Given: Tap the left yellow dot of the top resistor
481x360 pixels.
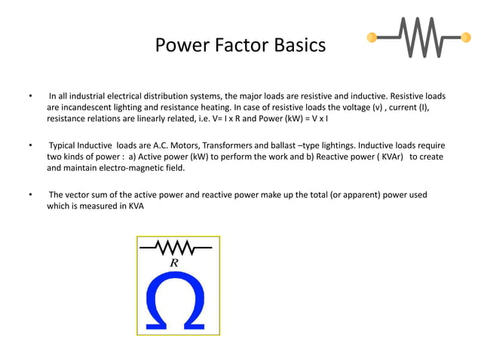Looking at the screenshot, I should [x=372, y=37].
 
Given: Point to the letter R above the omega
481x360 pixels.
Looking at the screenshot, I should [x=174, y=263].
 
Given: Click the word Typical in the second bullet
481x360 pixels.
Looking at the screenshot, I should [x=66, y=145].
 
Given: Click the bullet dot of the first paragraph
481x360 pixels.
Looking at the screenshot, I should [x=30, y=97].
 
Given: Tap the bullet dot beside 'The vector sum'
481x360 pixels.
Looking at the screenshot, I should [x=30, y=194].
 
